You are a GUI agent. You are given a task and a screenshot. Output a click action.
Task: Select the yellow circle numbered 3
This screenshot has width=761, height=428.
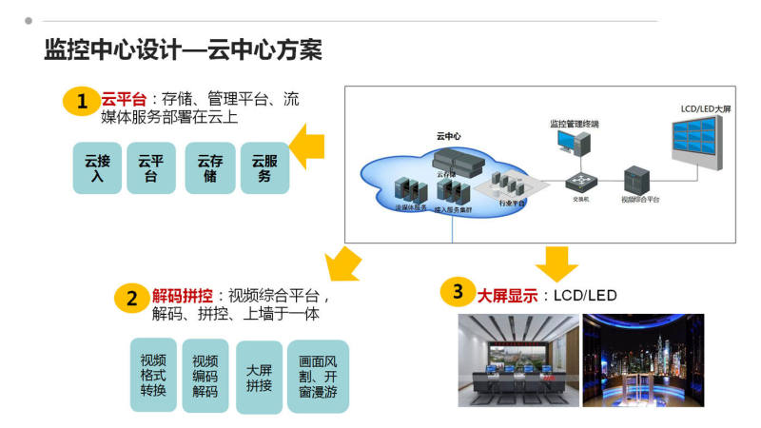click(458, 292)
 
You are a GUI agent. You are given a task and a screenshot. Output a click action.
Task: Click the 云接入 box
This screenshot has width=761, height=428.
click(97, 168)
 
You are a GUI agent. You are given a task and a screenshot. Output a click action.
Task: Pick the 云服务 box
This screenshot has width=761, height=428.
click(263, 168)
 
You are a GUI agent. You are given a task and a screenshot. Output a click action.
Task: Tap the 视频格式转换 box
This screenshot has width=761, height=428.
click(153, 376)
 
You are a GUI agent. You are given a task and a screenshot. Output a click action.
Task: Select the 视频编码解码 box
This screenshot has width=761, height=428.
click(205, 376)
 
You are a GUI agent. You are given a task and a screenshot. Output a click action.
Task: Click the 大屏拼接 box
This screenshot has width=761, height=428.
click(259, 378)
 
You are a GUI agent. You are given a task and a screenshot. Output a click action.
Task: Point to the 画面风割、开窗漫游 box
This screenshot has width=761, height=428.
click(318, 377)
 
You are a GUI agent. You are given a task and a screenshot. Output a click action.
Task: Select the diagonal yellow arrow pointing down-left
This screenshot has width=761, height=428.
click(342, 263)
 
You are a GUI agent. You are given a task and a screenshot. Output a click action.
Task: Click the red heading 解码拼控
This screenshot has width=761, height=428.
click(182, 295)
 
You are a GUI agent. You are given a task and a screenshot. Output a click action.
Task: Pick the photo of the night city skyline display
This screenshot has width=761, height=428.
click(643, 360)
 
